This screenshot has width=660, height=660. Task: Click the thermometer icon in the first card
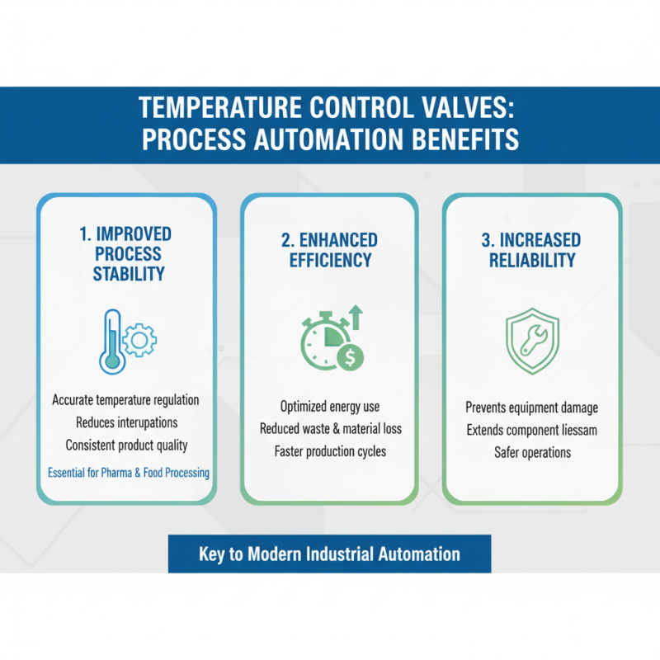(x=111, y=339)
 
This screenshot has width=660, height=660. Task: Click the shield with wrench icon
(x=531, y=339)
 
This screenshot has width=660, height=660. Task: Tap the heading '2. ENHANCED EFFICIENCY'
(x=329, y=250)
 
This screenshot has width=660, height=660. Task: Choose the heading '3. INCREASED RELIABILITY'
(x=531, y=250)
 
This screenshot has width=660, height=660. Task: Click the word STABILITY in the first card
(x=129, y=274)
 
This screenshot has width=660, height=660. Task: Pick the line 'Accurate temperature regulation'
(x=125, y=400)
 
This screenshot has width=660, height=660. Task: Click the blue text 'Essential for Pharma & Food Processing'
(x=129, y=473)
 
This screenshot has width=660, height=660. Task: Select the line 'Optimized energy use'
(x=330, y=407)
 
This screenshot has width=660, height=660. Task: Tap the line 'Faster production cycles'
(x=330, y=451)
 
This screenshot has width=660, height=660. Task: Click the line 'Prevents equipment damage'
(x=531, y=408)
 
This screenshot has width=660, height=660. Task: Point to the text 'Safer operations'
(x=531, y=452)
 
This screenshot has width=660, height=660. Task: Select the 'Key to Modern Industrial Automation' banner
(x=329, y=554)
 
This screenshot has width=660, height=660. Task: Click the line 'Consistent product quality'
(x=126, y=445)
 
